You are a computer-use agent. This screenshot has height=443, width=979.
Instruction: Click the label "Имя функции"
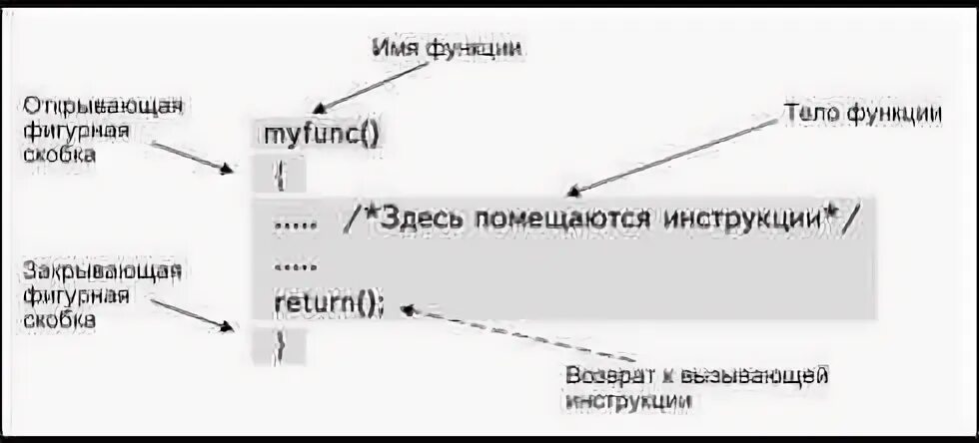pyautogui.click(x=449, y=47)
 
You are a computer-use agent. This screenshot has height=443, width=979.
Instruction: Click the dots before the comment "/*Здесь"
pyautogui.click(x=297, y=221)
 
